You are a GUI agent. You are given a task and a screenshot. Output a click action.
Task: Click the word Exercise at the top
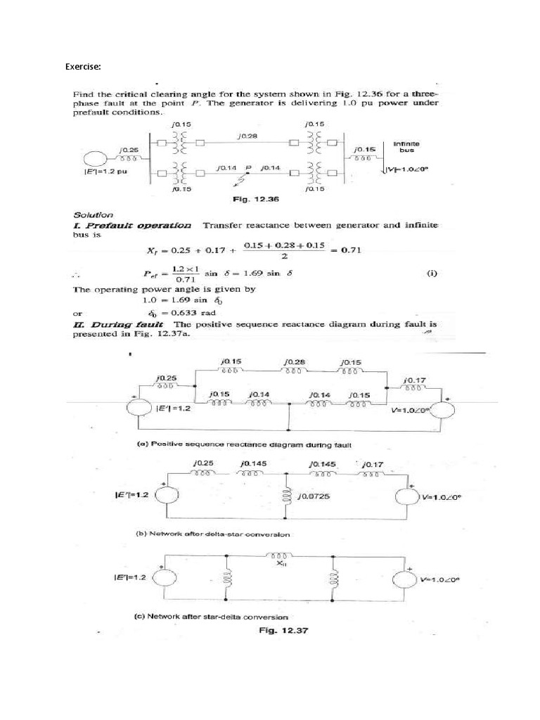83,67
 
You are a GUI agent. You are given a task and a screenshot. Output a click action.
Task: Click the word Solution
92,213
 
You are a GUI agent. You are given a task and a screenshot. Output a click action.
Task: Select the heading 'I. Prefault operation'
132,225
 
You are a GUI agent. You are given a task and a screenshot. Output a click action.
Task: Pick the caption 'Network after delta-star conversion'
212,534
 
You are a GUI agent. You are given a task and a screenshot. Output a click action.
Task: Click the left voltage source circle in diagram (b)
167,494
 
